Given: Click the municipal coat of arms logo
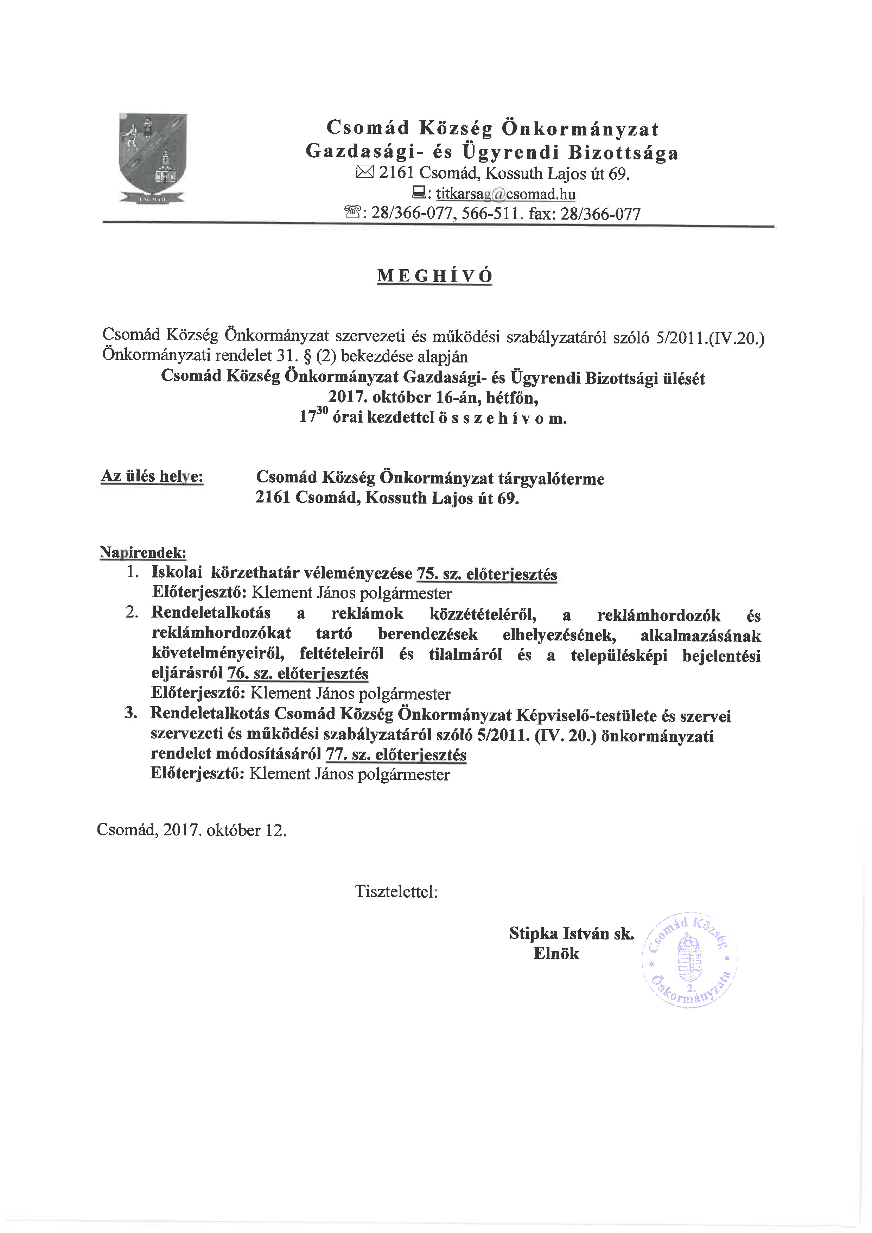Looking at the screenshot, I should tap(153, 158).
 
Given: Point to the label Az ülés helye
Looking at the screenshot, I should tap(153, 476).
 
